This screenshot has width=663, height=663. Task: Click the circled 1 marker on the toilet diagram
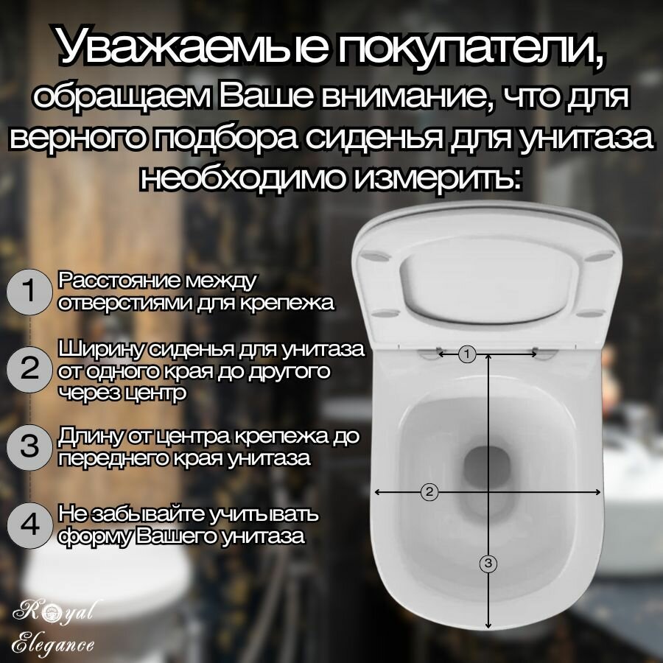click(466, 354)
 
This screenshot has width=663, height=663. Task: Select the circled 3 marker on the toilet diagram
click(488, 564)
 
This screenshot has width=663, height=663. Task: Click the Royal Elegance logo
click(55, 625)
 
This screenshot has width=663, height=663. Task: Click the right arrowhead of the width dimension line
click(599, 491)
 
